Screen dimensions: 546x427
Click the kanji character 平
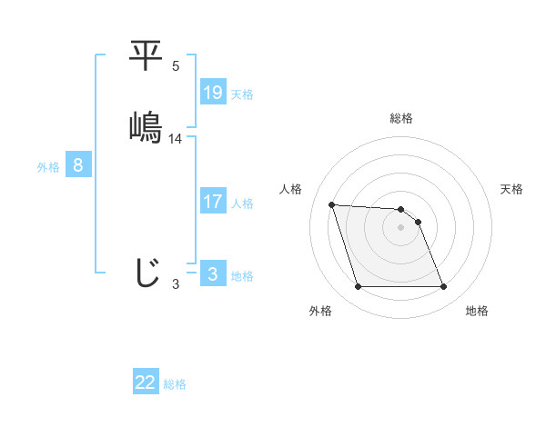coord(146,56)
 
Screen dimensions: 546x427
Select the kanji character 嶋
coord(146,126)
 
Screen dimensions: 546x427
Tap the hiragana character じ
coord(146,273)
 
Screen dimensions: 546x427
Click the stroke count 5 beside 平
coord(176,66)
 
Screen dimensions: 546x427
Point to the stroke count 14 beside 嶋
coord(176,139)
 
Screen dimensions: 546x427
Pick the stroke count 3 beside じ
coord(176,284)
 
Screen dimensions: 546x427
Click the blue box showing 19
coord(213,93)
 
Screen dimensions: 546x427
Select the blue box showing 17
coord(213,202)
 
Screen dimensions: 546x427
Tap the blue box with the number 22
coord(146,382)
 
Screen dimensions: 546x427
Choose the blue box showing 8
coord(78,165)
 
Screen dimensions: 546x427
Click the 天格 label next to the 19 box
coord(242,94)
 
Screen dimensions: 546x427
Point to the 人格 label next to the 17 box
coord(242,204)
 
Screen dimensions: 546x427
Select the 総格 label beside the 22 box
coord(175,384)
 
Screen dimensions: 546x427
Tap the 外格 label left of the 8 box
coord(48,167)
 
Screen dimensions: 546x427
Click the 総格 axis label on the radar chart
coord(401,118)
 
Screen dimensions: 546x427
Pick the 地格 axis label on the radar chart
coord(477,311)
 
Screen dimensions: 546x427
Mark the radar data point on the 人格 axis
coord(331,204)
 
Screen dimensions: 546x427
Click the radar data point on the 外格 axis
coord(358,287)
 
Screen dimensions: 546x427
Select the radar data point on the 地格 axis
coord(443,287)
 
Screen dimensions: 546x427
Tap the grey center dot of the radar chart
coord(401,228)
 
